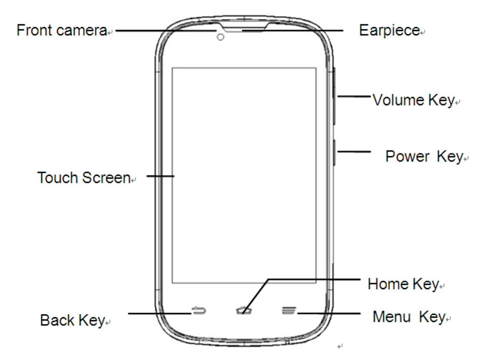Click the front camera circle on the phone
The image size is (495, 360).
[220, 37]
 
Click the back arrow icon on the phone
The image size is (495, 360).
[199, 311]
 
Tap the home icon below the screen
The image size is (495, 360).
[243, 311]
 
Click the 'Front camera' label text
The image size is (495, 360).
[61, 31]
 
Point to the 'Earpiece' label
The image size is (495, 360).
[389, 31]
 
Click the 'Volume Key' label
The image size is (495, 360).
[413, 100]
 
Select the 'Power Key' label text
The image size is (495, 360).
[424, 156]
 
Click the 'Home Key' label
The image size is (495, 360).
[403, 284]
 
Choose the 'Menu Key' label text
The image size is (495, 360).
[409, 317]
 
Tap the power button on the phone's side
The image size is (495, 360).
[336, 152]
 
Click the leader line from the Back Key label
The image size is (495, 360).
[159, 313]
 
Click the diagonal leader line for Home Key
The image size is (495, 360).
[256, 294]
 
